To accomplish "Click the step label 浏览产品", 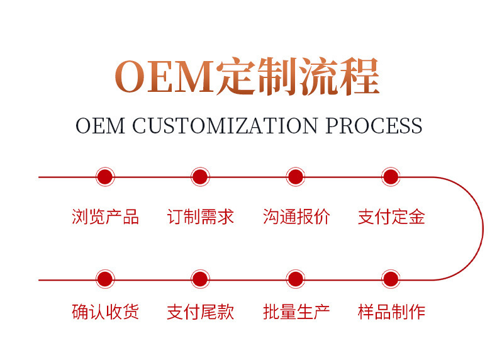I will [x=105, y=217].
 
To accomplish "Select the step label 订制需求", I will [x=200, y=217].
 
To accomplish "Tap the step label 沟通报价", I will [x=296, y=217].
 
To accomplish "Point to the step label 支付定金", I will [x=391, y=217].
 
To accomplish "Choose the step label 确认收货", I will [x=105, y=312].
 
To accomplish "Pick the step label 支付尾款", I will [x=200, y=312].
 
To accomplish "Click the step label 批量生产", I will [x=296, y=312].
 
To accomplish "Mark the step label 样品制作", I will [x=391, y=312].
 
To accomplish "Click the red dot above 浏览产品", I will [x=105, y=177].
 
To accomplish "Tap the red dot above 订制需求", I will [x=200, y=177].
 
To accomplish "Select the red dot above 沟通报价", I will [x=296, y=177].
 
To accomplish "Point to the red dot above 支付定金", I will [x=391, y=177].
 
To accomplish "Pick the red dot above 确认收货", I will [x=105, y=279].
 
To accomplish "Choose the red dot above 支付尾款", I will [x=200, y=279].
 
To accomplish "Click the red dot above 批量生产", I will [x=296, y=279].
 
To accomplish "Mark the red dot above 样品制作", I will [x=391, y=279].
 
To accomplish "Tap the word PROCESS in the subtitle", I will [x=374, y=125].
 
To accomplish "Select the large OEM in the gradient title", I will [x=163, y=77].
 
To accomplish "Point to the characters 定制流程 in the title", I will [x=297, y=77].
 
